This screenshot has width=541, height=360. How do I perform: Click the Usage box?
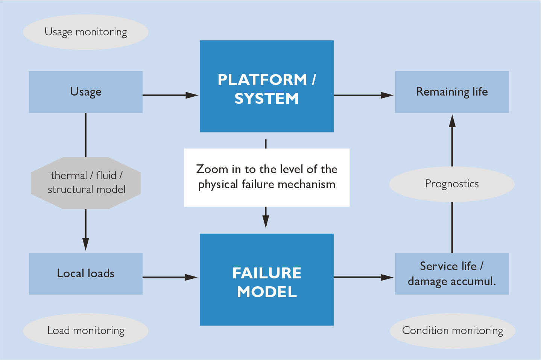pyautogui.click(x=85, y=92)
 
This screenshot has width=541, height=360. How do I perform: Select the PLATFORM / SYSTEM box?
pyautogui.click(x=266, y=86)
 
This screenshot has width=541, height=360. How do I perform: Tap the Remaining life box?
pyautogui.click(x=451, y=92)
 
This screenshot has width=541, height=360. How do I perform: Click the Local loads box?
pyautogui.click(x=85, y=273)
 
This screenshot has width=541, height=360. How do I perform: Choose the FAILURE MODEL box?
pyautogui.click(x=266, y=279)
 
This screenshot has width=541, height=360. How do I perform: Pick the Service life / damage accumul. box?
pyautogui.click(x=451, y=273)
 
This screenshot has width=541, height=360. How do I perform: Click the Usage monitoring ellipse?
pyautogui.click(x=85, y=32)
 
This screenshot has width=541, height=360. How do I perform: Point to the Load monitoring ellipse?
pyautogui.click(x=85, y=331)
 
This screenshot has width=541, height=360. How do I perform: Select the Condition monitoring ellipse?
pyautogui.click(x=452, y=331)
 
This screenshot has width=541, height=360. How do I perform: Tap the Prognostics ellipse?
pyautogui.click(x=451, y=184)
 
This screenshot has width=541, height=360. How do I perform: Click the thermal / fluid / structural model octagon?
pyautogui.click(x=85, y=183)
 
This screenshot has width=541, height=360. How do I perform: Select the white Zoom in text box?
pyautogui.click(x=266, y=177)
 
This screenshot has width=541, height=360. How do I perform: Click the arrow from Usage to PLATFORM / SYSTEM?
pyautogui.click(x=170, y=95)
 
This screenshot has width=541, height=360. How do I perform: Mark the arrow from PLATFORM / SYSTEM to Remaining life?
pyautogui.click(x=363, y=95)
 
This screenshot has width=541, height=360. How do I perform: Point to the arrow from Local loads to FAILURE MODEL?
pyautogui.click(x=170, y=277)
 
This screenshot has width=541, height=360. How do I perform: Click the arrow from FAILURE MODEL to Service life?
pyautogui.click(x=363, y=277)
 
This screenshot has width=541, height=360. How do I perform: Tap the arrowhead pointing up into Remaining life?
pyautogui.click(x=452, y=121)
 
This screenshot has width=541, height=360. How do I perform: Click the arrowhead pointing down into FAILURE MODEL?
pyautogui.click(x=266, y=222)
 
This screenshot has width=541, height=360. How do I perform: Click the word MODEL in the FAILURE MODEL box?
pyautogui.click(x=267, y=292)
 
